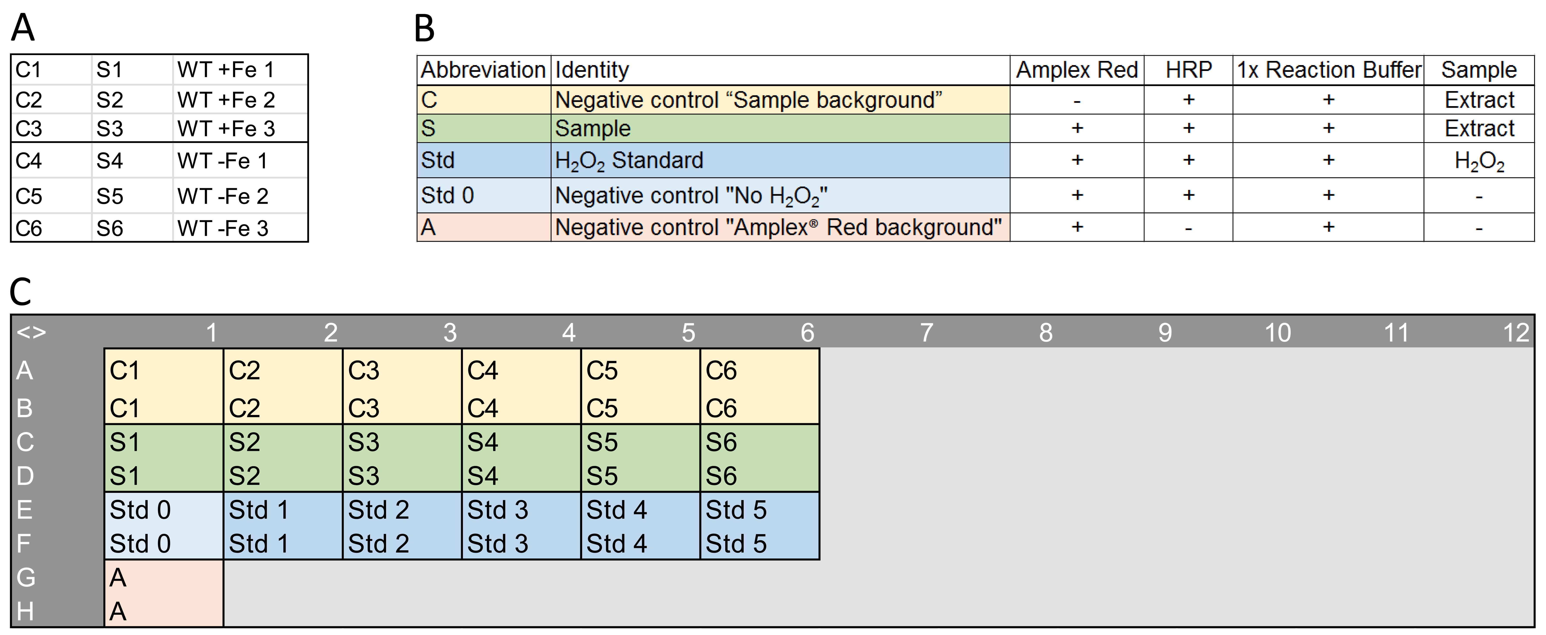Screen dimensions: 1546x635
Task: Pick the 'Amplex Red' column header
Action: tap(1077, 70)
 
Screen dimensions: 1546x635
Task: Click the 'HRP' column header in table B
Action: tap(1188, 70)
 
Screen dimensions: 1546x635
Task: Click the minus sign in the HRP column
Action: tap(1188, 228)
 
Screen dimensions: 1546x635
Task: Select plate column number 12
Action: tap(1516, 333)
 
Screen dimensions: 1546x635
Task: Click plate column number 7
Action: tap(927, 333)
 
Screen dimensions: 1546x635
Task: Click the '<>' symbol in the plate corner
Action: tap(31, 332)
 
